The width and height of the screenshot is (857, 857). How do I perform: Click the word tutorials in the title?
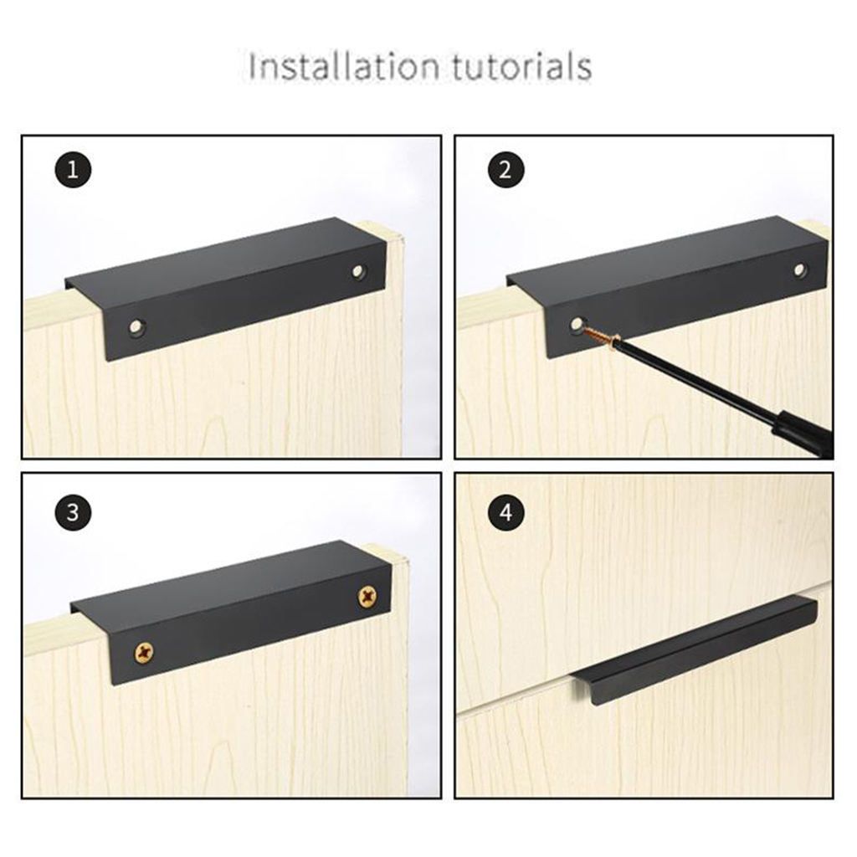click(x=522, y=67)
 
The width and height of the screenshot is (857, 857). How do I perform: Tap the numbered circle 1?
click(x=73, y=171)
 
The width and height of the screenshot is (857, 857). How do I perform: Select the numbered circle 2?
click(x=505, y=170)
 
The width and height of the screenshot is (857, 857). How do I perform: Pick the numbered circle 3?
click(x=73, y=513)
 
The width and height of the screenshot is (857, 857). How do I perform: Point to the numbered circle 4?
click(x=505, y=513)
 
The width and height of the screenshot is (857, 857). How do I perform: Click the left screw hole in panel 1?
click(x=136, y=327)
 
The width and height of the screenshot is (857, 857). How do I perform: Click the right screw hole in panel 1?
click(x=358, y=270)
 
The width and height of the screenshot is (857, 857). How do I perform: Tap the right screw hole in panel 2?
click(x=800, y=269)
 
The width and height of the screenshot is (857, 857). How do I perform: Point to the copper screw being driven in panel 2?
click(x=600, y=335)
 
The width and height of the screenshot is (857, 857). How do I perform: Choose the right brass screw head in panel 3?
click(x=367, y=595)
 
